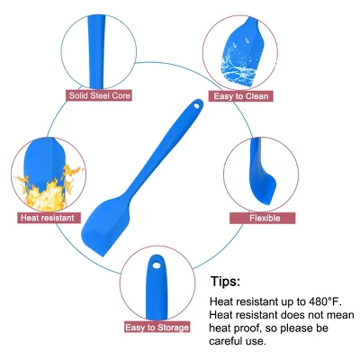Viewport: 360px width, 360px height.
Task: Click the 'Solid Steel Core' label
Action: [x=99, y=96]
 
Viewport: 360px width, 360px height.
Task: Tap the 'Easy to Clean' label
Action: [x=241, y=96]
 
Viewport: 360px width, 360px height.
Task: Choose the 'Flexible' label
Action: [x=263, y=218]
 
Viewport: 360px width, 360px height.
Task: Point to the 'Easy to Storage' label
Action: [x=157, y=327]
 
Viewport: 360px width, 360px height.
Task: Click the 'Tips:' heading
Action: [x=225, y=282]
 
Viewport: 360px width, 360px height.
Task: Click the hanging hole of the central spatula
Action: [x=196, y=106]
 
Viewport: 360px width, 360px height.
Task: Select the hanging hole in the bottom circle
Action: [x=156, y=265]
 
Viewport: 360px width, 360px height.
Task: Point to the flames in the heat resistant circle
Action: [x=48, y=191]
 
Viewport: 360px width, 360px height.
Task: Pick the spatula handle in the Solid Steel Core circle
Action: [x=97, y=51]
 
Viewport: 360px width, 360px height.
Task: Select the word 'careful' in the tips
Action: [x=227, y=341]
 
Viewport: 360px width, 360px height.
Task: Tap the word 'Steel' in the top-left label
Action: [x=98, y=96]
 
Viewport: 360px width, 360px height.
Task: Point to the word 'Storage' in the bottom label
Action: [x=173, y=328]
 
